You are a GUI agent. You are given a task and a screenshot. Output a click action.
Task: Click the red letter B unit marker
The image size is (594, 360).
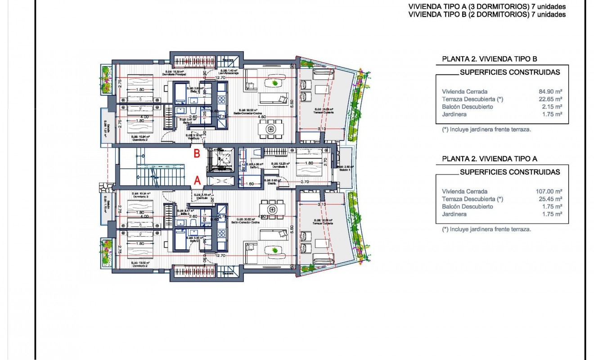click(197, 153)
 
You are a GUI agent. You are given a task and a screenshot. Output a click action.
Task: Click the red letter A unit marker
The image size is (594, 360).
click(197, 180)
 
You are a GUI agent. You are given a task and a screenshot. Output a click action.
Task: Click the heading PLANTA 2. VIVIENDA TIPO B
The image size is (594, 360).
click(490, 59)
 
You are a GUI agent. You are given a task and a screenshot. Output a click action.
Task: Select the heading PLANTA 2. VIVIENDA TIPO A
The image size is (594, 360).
click(490, 159)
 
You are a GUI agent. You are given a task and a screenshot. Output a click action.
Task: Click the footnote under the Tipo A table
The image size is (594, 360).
click(486, 229)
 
